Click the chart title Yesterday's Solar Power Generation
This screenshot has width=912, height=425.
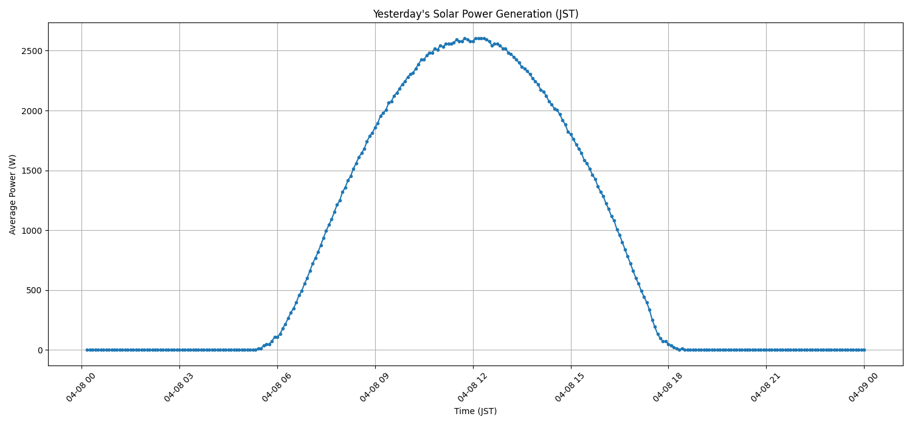(x=475, y=14)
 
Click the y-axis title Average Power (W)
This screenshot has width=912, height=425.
(x=13, y=194)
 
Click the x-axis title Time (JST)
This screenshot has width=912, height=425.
(x=475, y=411)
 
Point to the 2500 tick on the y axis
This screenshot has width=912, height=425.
(x=30, y=51)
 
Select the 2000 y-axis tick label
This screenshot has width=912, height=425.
(x=30, y=111)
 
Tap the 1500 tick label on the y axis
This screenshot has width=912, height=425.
(x=30, y=171)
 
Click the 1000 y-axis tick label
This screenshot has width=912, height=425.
(x=30, y=231)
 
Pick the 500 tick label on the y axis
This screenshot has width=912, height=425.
(x=34, y=290)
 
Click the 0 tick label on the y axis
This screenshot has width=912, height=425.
(x=40, y=350)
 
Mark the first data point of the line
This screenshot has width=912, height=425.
(x=87, y=350)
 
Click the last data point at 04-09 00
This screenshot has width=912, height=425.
(x=864, y=350)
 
